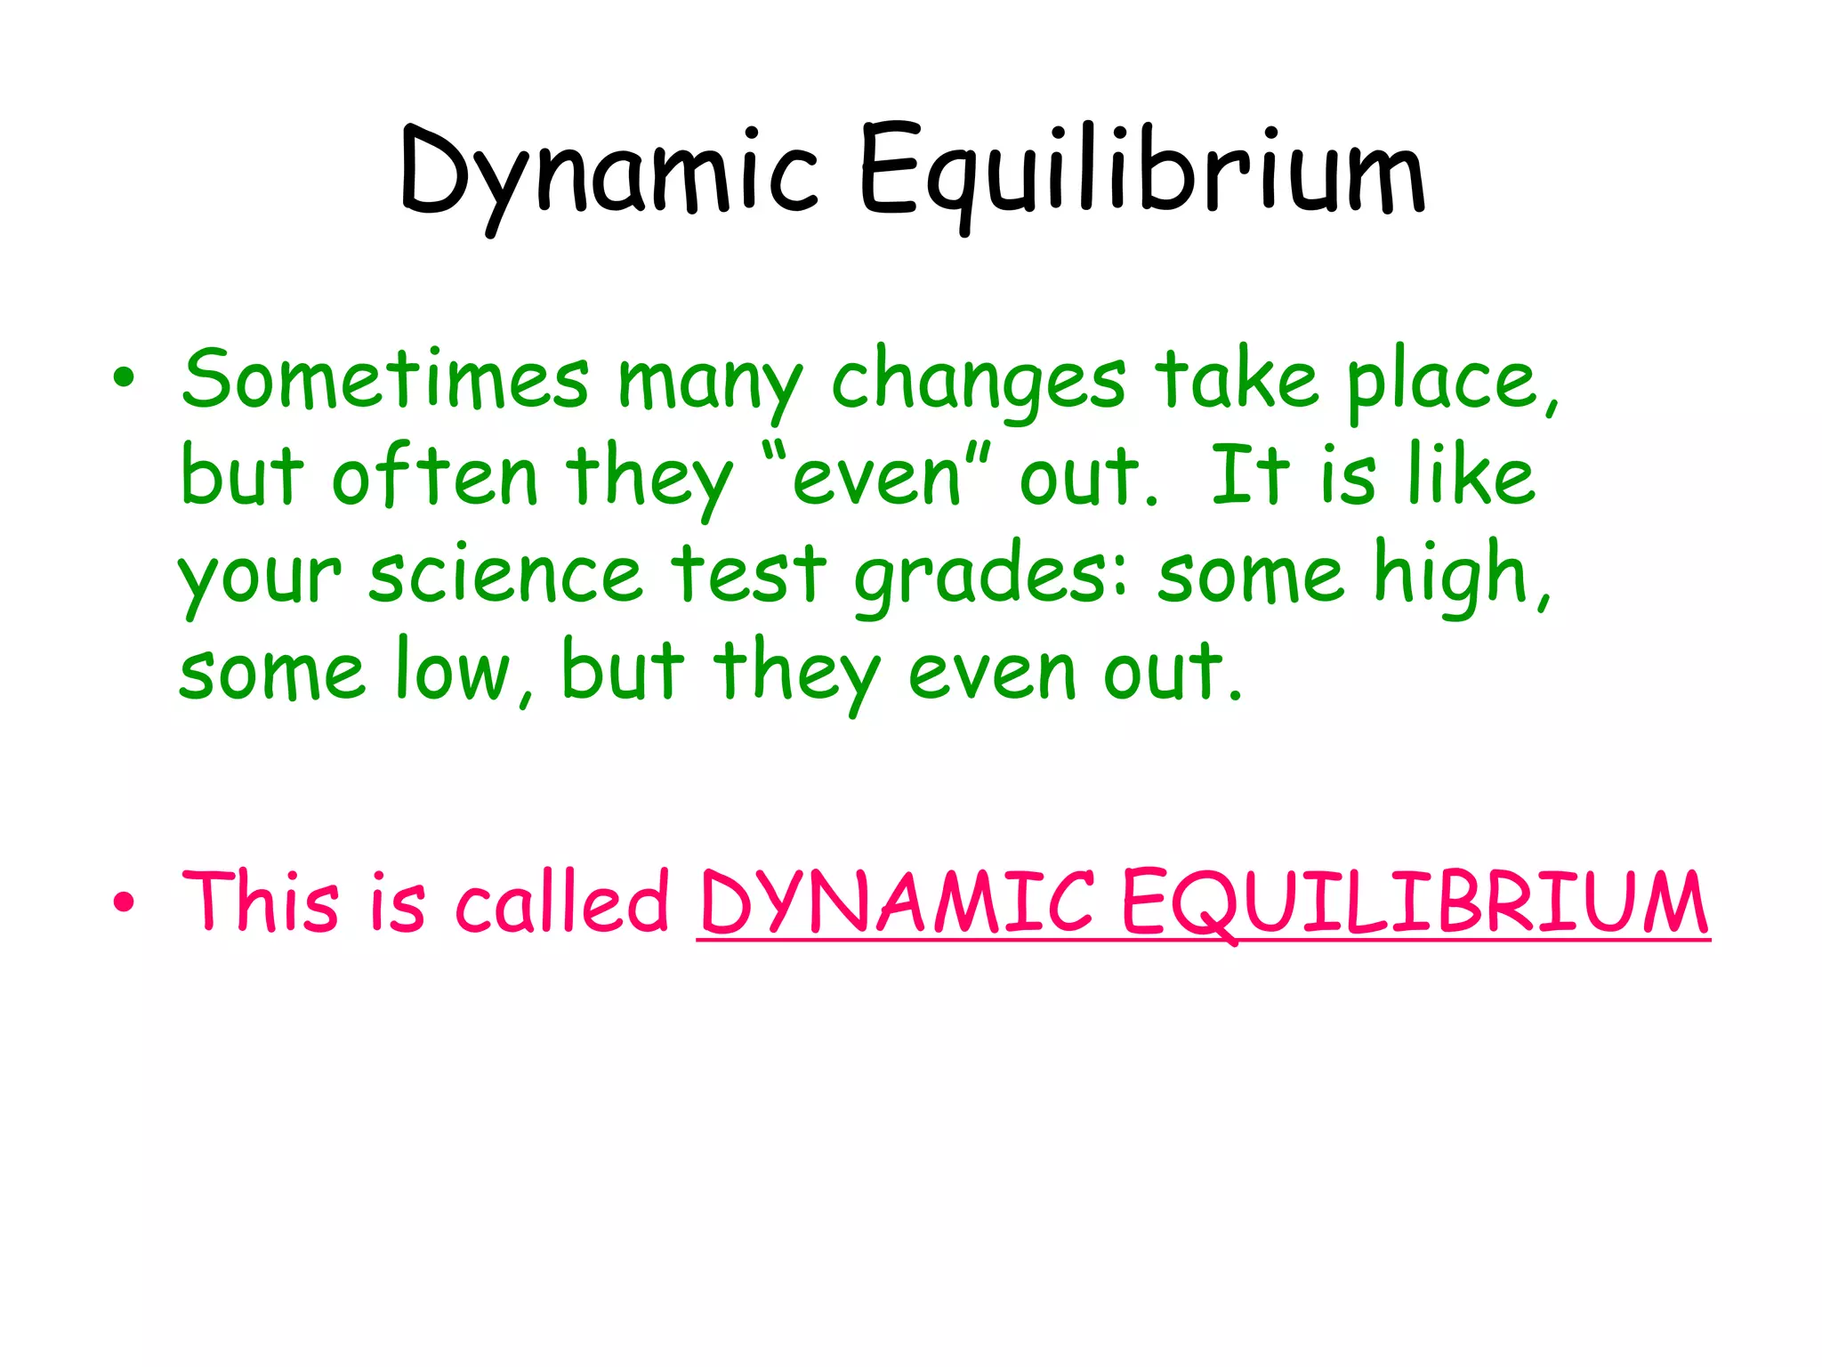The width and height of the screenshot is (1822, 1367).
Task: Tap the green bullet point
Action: coord(124,378)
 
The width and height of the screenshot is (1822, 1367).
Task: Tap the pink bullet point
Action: coord(124,903)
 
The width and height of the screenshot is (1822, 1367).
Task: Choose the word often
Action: coord(435,476)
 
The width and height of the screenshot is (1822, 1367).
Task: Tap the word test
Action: coord(748,574)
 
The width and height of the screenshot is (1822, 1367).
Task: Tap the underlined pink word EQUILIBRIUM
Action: coord(1415,903)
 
